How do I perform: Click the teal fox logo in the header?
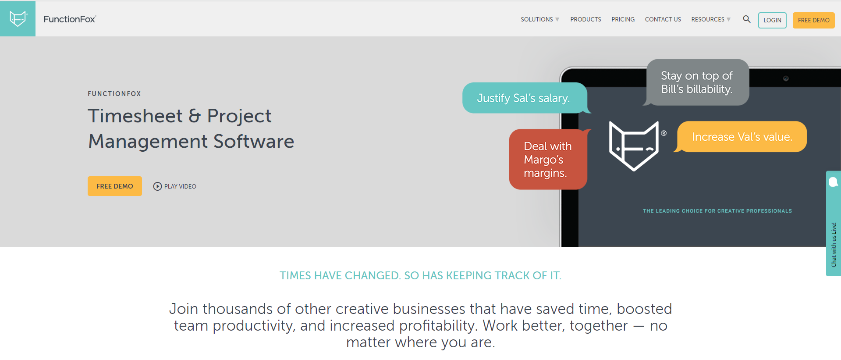(x=18, y=19)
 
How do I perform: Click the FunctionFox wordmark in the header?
(x=70, y=19)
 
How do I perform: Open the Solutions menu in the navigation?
(x=540, y=19)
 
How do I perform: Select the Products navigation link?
(x=586, y=19)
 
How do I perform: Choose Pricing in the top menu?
(x=623, y=19)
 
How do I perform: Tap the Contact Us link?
(x=663, y=19)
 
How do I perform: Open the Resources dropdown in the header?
(x=711, y=19)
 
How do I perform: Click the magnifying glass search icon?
(x=747, y=19)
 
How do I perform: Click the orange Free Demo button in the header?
(x=813, y=20)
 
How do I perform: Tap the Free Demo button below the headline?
(x=115, y=186)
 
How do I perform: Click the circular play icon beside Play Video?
(x=157, y=186)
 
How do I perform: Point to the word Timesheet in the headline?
(x=135, y=116)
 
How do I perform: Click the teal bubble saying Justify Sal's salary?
(x=525, y=98)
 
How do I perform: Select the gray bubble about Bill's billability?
(x=697, y=82)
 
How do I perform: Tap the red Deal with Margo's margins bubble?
(x=548, y=159)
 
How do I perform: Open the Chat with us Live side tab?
(x=834, y=223)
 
